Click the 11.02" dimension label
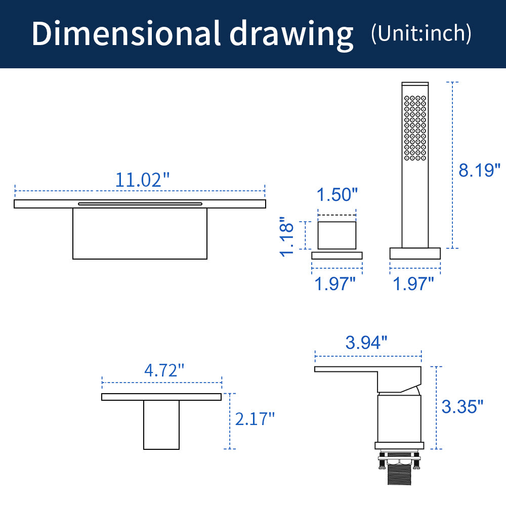(142, 180)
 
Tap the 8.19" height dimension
(479, 170)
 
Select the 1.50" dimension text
(337, 194)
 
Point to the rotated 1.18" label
(287, 236)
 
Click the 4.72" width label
(164, 370)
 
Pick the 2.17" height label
(255, 419)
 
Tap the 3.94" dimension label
(366, 342)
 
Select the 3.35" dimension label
(462, 406)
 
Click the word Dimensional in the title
(126, 33)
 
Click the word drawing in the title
(291, 35)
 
